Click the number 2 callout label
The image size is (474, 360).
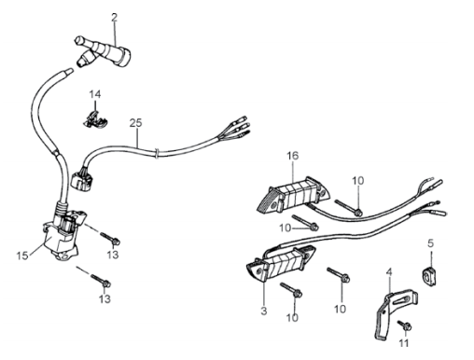point(115,18)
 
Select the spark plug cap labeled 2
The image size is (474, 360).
point(103,51)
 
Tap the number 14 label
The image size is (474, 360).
point(95,94)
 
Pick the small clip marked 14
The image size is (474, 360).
point(95,119)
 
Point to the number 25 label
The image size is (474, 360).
point(135,123)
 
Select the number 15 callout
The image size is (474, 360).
point(22,256)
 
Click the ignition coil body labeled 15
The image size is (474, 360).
point(63,236)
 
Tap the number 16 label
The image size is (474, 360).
point(292,156)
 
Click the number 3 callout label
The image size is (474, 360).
point(264,311)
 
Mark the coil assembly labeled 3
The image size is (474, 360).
point(280,264)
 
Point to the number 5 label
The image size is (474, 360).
point(430,243)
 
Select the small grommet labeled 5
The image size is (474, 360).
point(429,276)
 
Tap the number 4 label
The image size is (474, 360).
point(389,272)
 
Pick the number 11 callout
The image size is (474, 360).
point(403,343)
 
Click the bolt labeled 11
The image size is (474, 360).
point(405,325)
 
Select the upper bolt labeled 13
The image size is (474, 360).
point(110,238)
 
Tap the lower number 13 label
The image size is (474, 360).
point(105,298)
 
